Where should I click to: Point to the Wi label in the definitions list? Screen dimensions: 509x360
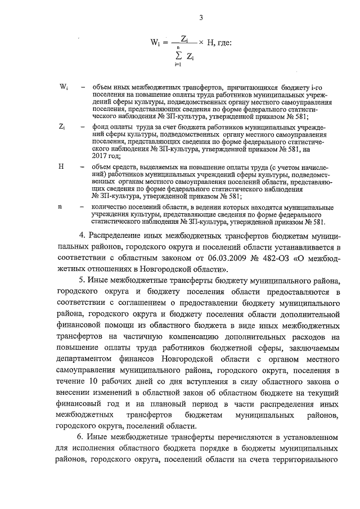(64, 87)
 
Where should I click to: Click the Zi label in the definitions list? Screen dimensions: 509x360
(62, 127)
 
